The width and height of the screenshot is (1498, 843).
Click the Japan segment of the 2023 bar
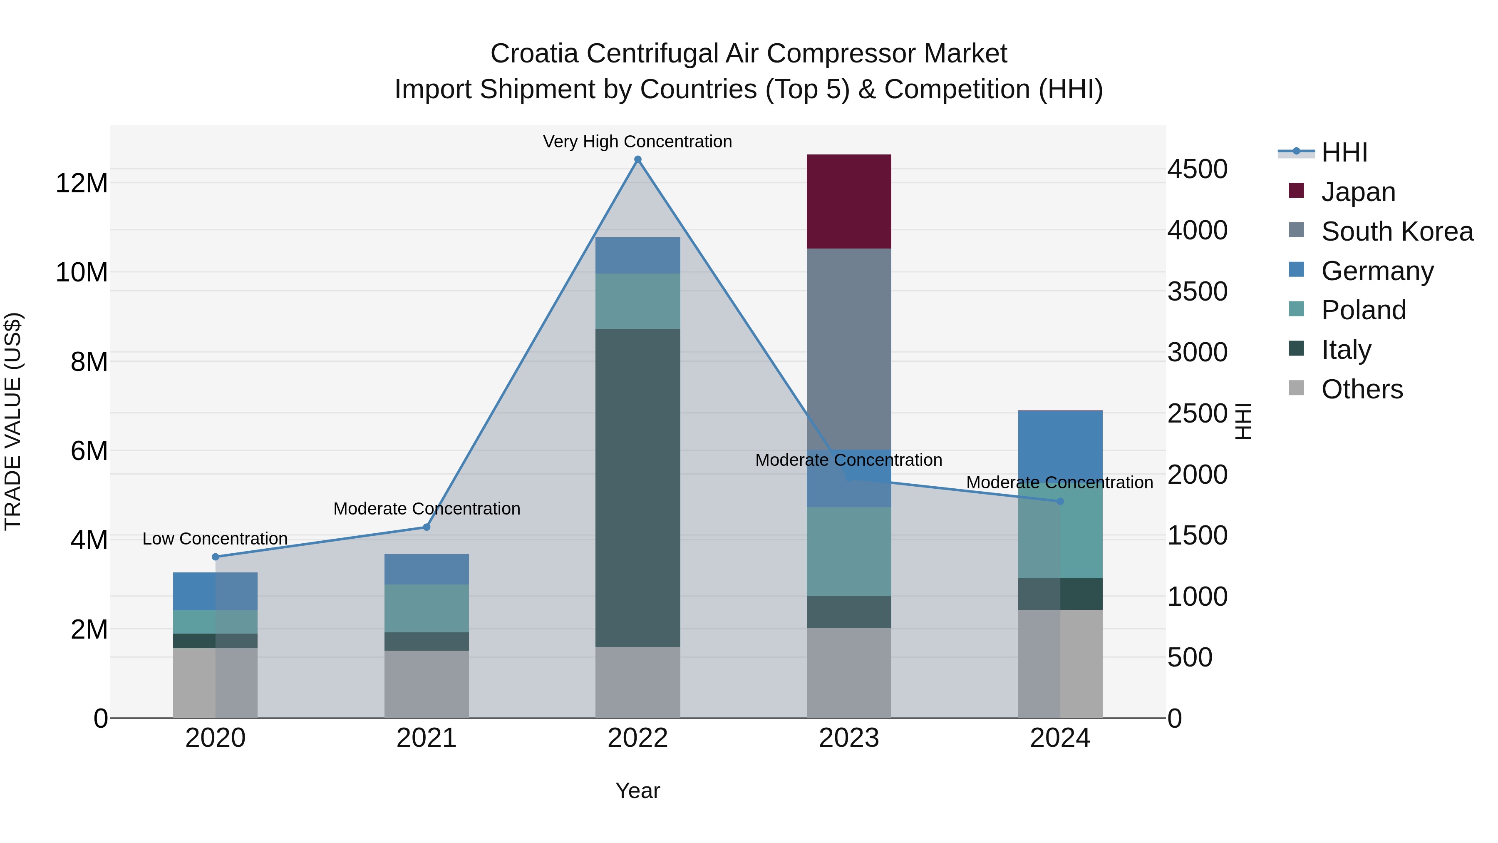click(848, 201)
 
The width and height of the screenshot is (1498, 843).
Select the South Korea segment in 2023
click(848, 349)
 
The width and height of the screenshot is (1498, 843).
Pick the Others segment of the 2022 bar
click(637, 682)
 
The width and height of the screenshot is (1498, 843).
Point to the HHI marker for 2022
click(637, 159)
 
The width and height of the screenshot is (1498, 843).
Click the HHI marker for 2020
click(215, 557)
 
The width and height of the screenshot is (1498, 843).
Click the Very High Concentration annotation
click(637, 142)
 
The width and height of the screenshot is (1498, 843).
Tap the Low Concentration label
click(215, 539)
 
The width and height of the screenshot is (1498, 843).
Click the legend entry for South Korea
click(1397, 231)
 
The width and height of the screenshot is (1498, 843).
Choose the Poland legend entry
click(1363, 310)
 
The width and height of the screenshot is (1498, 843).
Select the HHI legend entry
click(1344, 152)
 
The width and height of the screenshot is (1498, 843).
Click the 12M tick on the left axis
click(82, 183)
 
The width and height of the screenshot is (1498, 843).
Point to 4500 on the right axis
click(1197, 169)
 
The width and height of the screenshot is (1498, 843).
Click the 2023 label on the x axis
click(848, 738)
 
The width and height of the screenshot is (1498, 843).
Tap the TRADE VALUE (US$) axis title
click(13, 421)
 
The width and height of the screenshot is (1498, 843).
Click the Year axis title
click(637, 791)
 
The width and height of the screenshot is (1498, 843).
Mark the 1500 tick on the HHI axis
click(1197, 535)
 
